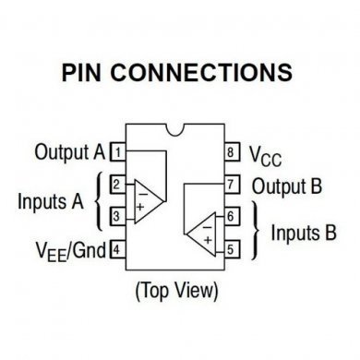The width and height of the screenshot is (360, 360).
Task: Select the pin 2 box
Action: [x=117, y=185]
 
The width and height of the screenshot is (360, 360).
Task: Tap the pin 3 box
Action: [x=117, y=216]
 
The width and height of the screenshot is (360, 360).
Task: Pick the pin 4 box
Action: [x=117, y=248]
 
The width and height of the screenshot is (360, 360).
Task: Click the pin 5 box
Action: [x=234, y=248]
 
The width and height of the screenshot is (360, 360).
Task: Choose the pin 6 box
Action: [x=234, y=216]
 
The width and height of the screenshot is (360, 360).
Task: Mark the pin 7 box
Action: [x=234, y=185]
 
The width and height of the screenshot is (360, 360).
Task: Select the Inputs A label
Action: [x=50, y=200]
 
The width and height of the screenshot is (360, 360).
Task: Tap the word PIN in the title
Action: [x=88, y=72]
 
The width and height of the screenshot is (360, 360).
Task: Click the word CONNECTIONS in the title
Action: [x=208, y=72]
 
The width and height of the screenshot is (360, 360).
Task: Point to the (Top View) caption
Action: [x=176, y=292]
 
